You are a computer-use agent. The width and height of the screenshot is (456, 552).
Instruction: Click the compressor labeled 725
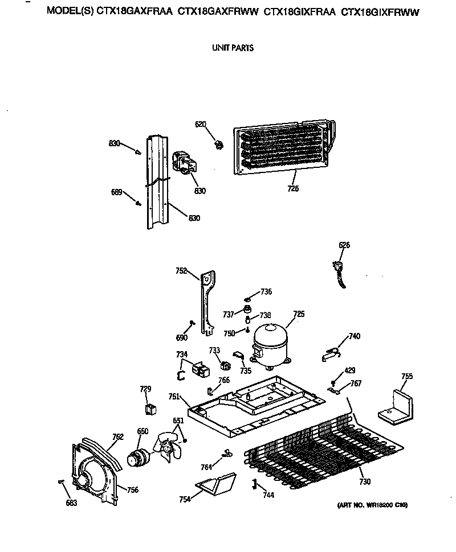(x=269, y=344)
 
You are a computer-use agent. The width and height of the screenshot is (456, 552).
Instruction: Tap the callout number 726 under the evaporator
(x=294, y=188)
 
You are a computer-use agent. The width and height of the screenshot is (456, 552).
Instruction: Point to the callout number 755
(x=407, y=376)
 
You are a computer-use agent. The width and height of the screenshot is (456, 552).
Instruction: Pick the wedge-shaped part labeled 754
(x=215, y=485)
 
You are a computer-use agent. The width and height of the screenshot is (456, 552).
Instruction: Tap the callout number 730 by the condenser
(x=365, y=482)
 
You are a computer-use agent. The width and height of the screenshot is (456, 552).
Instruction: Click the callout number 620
(x=200, y=125)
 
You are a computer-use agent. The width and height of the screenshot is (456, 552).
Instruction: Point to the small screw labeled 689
(x=138, y=203)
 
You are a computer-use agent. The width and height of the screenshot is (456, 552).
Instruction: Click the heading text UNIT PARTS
(x=233, y=48)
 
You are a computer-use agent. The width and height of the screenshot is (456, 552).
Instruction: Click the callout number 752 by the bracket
(x=181, y=271)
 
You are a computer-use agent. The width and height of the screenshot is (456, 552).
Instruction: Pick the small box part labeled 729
(x=151, y=409)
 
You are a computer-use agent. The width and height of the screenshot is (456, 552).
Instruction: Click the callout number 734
(x=181, y=355)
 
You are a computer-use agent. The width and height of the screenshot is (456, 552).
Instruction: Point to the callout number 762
(x=117, y=437)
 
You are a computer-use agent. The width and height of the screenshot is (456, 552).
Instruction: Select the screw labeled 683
(x=60, y=482)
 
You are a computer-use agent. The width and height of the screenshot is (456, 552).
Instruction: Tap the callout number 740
(x=355, y=336)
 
